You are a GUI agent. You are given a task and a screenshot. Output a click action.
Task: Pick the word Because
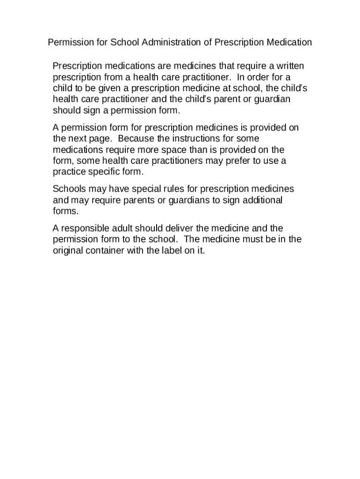point(136,139)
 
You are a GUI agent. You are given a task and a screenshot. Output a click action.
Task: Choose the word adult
point(122,228)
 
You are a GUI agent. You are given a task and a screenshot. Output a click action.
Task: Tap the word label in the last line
point(177,250)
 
